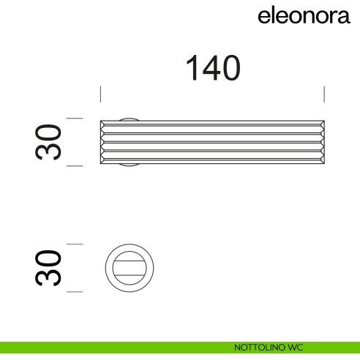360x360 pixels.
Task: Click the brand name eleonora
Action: (x=304, y=16)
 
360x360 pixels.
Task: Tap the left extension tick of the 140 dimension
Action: (x=100, y=94)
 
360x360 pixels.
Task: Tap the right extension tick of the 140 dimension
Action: (x=324, y=94)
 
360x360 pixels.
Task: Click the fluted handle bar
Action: (x=212, y=142)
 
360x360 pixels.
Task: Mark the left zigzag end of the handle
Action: (x=102, y=142)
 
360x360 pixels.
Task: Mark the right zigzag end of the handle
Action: (x=323, y=142)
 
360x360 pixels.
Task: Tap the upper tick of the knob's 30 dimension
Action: (x=75, y=244)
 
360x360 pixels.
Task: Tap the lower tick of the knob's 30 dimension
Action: (x=75, y=292)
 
